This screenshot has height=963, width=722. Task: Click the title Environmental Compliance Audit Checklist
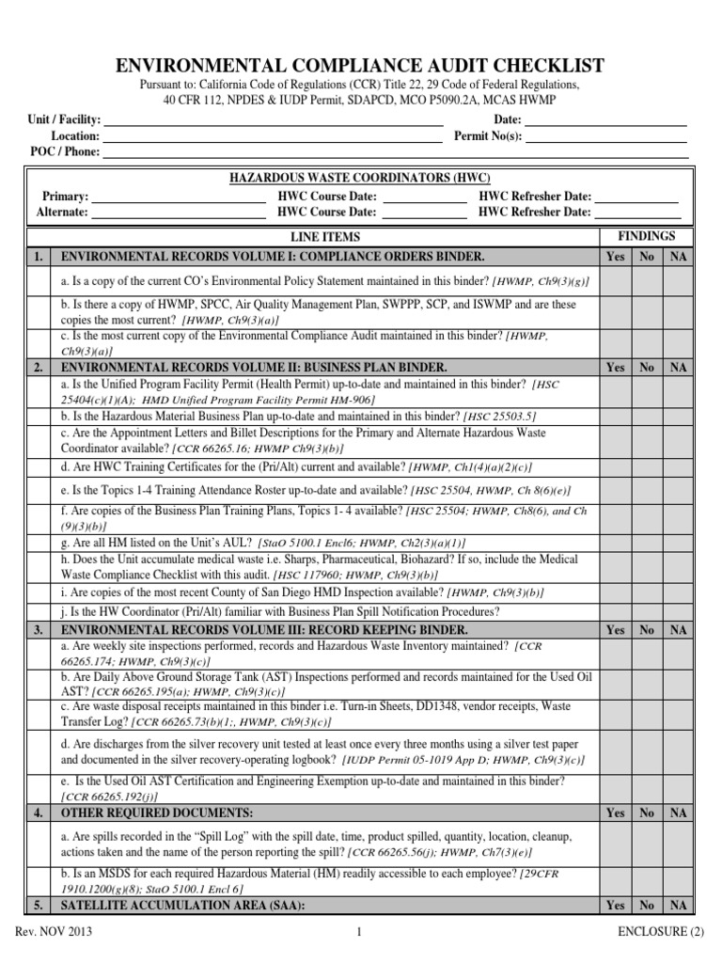360,65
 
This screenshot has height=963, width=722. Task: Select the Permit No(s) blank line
604,137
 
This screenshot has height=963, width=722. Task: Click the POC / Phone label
65,152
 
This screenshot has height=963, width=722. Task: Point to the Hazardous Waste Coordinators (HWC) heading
360,179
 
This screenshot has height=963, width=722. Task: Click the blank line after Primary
179,197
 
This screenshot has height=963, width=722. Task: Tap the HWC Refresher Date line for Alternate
636,213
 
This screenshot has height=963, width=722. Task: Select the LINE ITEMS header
324,238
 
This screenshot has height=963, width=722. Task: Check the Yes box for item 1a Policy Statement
615,281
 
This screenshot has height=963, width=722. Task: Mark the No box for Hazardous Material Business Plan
647,417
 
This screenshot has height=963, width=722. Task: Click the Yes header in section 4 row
615,812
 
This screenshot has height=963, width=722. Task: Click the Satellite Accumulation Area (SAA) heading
181,906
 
